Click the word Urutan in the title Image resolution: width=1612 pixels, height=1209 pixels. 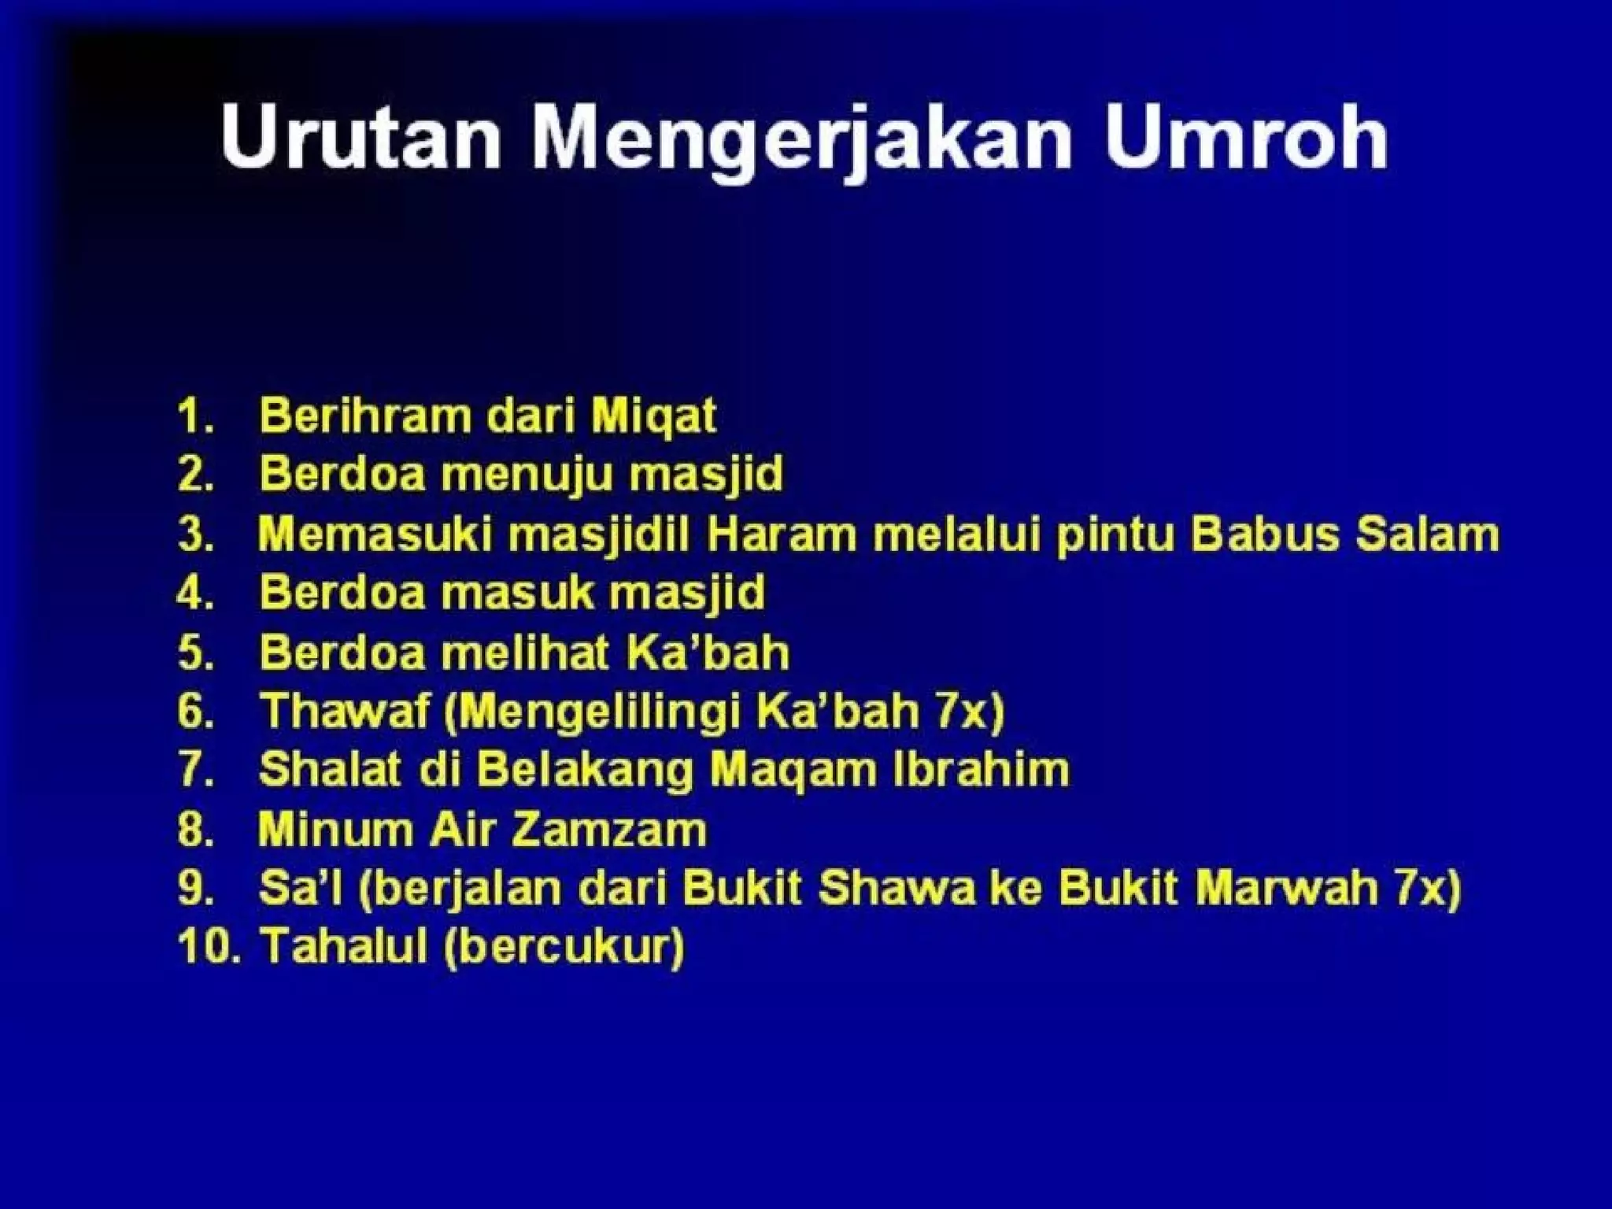point(360,140)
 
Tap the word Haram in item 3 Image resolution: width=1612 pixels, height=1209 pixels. point(782,534)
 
